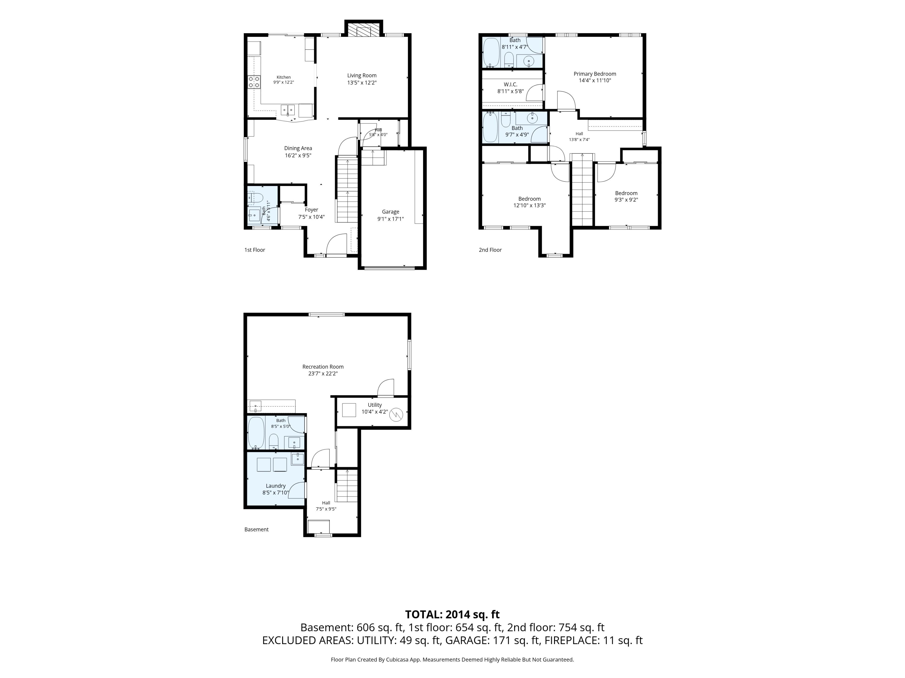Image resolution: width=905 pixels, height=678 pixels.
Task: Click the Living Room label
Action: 362,75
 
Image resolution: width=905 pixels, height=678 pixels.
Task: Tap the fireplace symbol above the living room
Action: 363,29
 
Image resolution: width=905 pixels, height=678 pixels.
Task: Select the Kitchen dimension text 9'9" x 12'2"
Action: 284,82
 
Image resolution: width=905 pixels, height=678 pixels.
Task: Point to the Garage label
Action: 390,212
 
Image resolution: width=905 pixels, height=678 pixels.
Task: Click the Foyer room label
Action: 311,210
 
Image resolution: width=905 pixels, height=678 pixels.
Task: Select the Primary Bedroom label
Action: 594,74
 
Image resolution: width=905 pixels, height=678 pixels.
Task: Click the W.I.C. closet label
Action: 510,85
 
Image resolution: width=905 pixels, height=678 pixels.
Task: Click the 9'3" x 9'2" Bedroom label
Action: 626,193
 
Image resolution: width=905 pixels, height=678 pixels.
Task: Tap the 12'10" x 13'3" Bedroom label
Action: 529,199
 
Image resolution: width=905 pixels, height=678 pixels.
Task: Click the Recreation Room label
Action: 323,367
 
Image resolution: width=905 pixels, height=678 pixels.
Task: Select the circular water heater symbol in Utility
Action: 396,415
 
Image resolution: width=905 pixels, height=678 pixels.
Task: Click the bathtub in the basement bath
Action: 256,433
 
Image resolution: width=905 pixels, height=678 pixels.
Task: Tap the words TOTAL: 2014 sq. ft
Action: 452,614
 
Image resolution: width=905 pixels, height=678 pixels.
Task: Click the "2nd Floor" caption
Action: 490,250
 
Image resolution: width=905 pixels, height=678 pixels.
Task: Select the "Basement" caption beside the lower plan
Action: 256,529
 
